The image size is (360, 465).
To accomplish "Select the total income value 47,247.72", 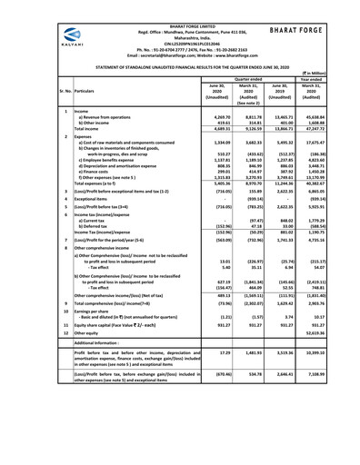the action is click(332, 131).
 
